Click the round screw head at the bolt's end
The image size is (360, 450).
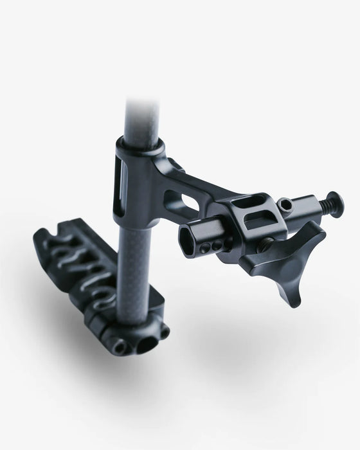[335, 204]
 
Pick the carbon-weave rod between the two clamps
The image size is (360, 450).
[139, 257]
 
